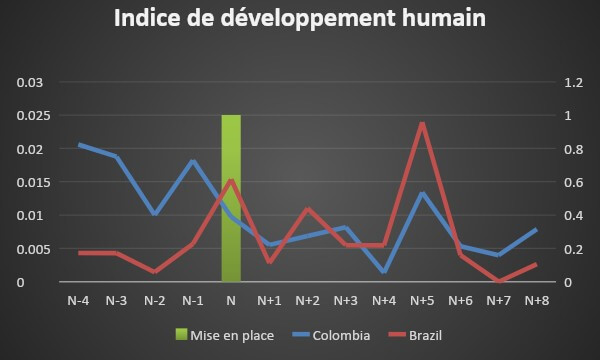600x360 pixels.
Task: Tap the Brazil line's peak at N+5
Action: coord(422,123)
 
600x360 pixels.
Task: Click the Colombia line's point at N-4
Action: coord(78,145)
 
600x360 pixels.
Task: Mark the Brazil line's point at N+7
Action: coord(498,281)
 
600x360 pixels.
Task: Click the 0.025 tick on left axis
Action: coord(30,116)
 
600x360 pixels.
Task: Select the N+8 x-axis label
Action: coord(536,300)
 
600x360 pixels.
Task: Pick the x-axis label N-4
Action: coord(78,300)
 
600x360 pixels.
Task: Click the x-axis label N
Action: coord(231,300)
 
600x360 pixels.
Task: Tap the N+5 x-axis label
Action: coord(422,300)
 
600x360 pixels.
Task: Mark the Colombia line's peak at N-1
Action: coord(193,161)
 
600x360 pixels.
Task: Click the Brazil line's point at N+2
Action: coord(307,209)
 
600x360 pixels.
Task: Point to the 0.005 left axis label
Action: coord(30,249)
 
